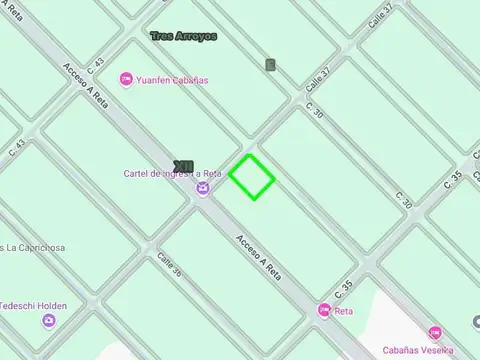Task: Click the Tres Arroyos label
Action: pos(183,36)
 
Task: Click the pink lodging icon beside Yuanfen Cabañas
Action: pos(126,79)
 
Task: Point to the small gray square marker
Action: pos(270,65)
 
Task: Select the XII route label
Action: pos(183,166)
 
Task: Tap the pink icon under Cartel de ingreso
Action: pos(203,188)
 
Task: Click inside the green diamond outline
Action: pos(252,177)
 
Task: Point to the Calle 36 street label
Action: pos(169,265)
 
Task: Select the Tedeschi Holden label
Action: pos(34,306)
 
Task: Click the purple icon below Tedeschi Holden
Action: pos(49,321)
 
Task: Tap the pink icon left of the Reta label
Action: pos(324,311)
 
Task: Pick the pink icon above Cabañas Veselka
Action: pos(434,332)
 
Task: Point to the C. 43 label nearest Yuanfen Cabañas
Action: pos(96,68)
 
